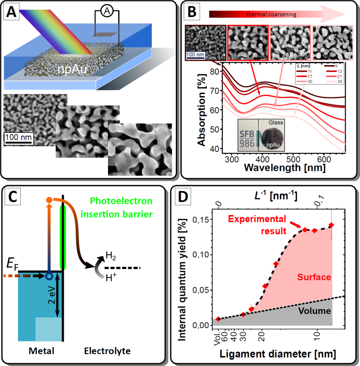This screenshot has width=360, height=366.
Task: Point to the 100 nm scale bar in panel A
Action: (x=18, y=138)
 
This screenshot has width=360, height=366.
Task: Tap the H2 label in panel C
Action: (x=110, y=256)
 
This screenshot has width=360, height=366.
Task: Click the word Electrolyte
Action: (x=108, y=351)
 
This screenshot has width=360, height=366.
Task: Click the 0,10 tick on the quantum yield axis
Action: (x=202, y=255)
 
